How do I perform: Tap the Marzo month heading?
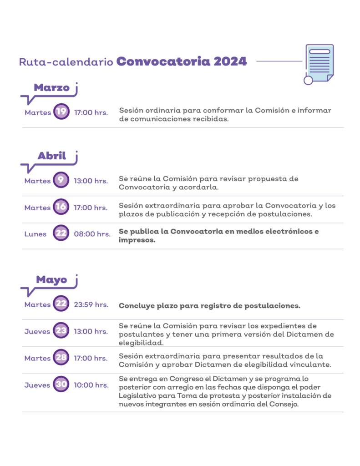click(51, 88)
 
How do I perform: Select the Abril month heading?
click(52, 156)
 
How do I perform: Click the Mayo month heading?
click(51, 280)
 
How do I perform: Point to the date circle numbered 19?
click(61, 111)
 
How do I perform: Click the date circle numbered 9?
click(61, 180)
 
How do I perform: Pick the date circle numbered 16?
click(61, 207)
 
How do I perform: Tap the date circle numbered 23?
click(61, 330)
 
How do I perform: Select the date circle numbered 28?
click(61, 357)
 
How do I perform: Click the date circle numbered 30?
click(61, 384)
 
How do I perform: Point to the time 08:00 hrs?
click(92, 234)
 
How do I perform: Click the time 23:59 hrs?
click(91, 305)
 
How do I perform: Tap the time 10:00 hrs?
click(91, 385)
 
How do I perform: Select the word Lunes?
click(35, 234)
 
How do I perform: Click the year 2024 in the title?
click(230, 61)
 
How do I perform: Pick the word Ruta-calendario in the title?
click(66, 62)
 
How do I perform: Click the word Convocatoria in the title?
click(163, 61)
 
